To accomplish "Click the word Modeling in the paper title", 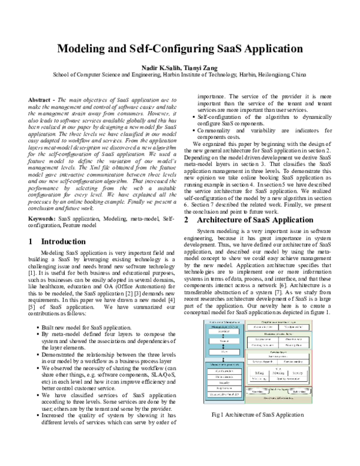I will pyautogui.click(x=88, y=49).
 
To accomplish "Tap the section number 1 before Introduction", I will pyautogui.click(x=31, y=225).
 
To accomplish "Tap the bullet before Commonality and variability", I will pyautogui.click(x=194, y=130).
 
